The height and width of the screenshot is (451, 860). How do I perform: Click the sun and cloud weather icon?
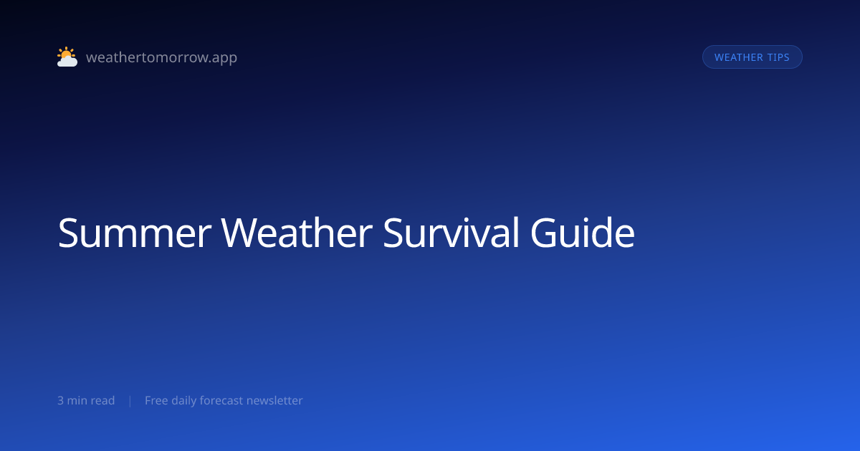pyautogui.click(x=67, y=57)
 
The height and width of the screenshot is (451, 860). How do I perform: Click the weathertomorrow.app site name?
pyautogui.click(x=162, y=57)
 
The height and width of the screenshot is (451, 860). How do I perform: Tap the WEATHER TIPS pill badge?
pyautogui.click(x=752, y=57)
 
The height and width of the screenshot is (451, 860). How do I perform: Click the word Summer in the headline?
pyautogui.click(x=135, y=233)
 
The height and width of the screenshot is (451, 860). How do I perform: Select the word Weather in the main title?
pyautogui.click(x=297, y=233)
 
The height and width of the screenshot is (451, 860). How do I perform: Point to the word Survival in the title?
pyautogui.click(x=451, y=233)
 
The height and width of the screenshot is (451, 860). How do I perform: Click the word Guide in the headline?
pyautogui.click(x=583, y=233)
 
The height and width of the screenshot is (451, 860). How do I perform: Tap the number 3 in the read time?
pyautogui.click(x=60, y=400)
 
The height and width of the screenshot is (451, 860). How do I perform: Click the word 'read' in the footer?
pyautogui.click(x=102, y=400)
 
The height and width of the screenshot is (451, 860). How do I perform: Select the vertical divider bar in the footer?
pyautogui.click(x=130, y=401)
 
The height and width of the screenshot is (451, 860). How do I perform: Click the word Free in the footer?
pyautogui.click(x=156, y=400)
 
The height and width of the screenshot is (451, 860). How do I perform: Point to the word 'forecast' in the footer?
pyautogui.click(x=221, y=400)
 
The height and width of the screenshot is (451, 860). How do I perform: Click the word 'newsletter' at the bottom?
pyautogui.click(x=274, y=400)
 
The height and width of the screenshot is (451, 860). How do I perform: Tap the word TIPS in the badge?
pyautogui.click(x=778, y=57)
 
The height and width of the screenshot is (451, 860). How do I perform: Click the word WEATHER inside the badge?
pyautogui.click(x=739, y=57)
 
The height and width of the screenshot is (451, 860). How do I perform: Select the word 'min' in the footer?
pyautogui.click(x=77, y=400)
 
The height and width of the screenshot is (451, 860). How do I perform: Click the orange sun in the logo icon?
pyautogui.click(x=66, y=53)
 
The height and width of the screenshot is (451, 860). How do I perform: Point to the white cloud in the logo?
pyautogui.click(x=67, y=62)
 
